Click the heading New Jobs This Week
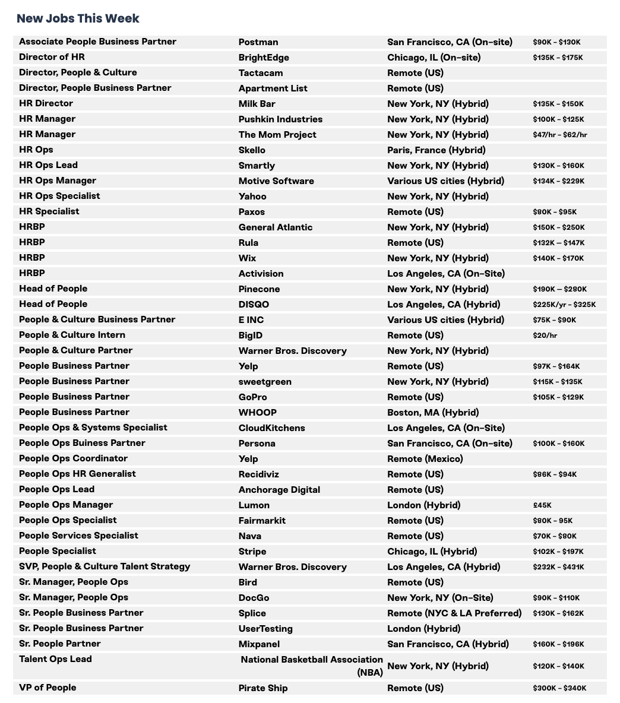(78, 18)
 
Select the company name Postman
(258, 42)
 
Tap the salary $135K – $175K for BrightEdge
(558, 58)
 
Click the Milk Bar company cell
(257, 104)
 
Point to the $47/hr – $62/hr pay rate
(559, 135)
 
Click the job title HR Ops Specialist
(59, 196)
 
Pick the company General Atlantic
(275, 227)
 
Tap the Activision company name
(261, 274)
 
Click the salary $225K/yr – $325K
(564, 305)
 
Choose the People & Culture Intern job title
(72, 335)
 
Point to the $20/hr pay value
(545, 335)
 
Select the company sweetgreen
(265, 382)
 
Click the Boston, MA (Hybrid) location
(432, 413)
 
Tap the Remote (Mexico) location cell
(425, 459)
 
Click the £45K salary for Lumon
(542, 505)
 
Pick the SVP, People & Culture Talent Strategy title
(105, 566)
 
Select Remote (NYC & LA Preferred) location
(454, 613)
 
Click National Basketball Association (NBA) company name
(312, 666)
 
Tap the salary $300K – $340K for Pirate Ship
(559, 688)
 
